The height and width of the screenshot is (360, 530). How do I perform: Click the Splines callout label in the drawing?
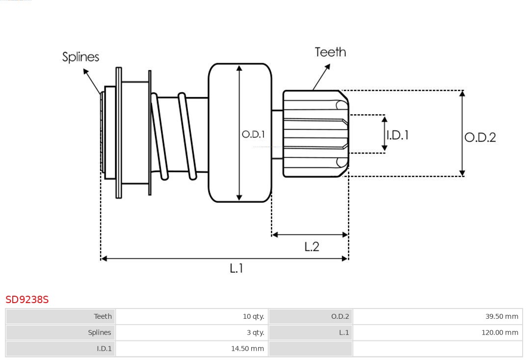tap(80, 57)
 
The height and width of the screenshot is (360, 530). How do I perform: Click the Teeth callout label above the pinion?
tap(330, 52)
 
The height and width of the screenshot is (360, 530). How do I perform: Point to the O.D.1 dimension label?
tap(253, 134)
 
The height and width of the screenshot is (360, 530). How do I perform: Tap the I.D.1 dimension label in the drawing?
tap(397, 135)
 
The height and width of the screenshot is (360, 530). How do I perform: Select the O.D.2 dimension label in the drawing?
tap(480, 137)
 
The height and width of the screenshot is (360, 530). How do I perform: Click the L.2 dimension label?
tap(312, 247)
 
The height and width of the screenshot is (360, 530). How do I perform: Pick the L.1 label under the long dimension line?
tap(237, 268)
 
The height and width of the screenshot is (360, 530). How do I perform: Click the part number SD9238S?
tap(27, 299)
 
